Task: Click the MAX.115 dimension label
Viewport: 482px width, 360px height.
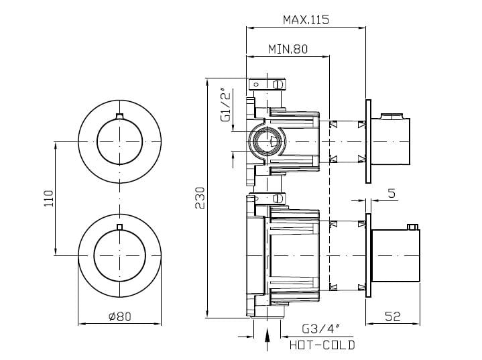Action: (x=306, y=20)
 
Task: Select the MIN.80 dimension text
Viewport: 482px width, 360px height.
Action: (x=288, y=49)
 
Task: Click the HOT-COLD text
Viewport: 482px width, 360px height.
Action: (x=322, y=345)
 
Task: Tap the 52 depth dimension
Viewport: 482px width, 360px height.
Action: (x=392, y=316)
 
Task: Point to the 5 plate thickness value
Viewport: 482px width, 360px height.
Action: (x=391, y=194)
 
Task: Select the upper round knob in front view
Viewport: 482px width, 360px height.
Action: (x=120, y=141)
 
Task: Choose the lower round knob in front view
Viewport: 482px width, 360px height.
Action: (x=120, y=253)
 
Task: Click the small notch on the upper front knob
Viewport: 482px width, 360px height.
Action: (x=120, y=117)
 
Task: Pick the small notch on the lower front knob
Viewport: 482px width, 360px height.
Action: (x=120, y=228)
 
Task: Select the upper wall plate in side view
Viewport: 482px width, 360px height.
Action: (x=367, y=141)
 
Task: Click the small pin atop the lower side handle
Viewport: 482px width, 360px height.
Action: (x=415, y=227)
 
